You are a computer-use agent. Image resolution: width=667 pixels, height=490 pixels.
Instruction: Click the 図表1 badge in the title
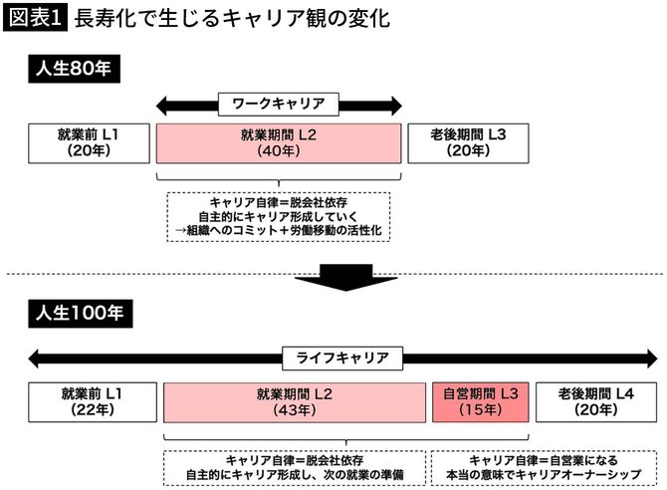35,19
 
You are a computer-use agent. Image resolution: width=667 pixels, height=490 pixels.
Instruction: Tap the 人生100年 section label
76,313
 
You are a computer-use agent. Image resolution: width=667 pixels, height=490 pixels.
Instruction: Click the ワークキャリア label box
279,103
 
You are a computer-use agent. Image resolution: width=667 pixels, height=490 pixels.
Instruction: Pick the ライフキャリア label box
342,357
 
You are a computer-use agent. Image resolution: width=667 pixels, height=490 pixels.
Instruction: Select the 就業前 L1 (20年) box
88,142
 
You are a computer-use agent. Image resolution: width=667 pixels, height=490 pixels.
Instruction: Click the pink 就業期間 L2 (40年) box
278,142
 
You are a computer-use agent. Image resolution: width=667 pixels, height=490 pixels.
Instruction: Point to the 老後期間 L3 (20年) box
467,142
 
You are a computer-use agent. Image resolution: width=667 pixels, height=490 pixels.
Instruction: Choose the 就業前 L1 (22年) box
88,400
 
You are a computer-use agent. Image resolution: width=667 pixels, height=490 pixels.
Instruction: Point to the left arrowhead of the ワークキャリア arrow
165,103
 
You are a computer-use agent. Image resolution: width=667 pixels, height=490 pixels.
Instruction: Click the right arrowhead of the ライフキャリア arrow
649,357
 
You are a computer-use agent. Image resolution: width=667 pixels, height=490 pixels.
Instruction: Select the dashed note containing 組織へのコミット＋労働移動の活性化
278,216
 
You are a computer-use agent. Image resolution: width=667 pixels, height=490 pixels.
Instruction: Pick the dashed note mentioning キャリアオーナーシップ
543,467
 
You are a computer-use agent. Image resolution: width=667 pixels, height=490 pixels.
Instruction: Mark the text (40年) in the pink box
278,151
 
